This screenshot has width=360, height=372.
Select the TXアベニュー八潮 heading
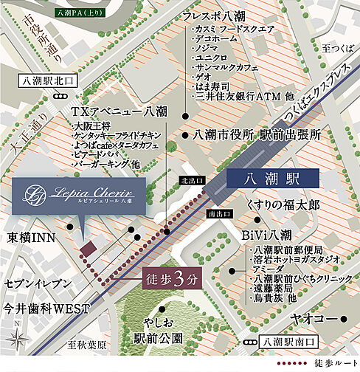(118, 111)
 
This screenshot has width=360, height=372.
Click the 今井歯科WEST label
(44, 307)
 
